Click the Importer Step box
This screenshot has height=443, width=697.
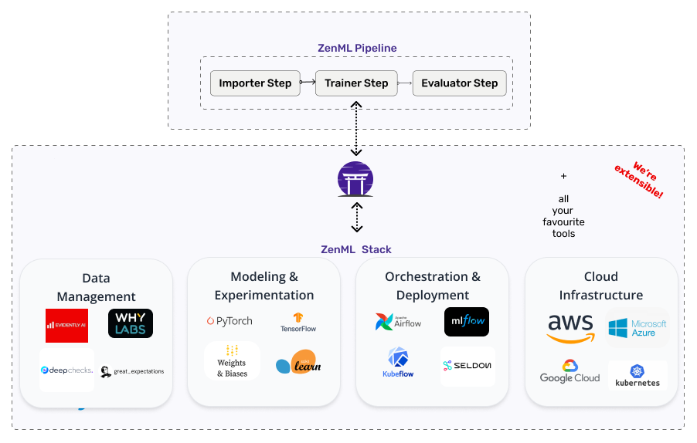click(255, 83)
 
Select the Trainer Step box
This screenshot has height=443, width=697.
click(356, 83)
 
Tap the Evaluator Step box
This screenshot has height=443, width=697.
click(459, 83)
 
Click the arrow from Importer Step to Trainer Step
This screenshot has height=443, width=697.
click(308, 83)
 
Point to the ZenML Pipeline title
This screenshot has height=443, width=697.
click(357, 48)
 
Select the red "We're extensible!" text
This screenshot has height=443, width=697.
click(638, 180)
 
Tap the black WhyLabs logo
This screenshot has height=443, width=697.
click(131, 323)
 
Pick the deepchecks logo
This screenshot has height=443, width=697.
click(66, 370)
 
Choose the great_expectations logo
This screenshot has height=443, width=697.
click(132, 371)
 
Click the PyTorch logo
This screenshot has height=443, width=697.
click(229, 321)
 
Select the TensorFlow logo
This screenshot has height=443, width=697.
click(298, 323)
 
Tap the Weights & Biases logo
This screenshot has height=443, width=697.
click(231, 361)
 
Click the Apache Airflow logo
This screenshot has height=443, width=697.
click(398, 322)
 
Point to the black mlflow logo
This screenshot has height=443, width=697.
click(467, 322)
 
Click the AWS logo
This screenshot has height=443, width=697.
click(570, 327)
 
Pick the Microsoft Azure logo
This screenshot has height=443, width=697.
click(637, 328)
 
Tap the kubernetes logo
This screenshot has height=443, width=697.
click(637, 376)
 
